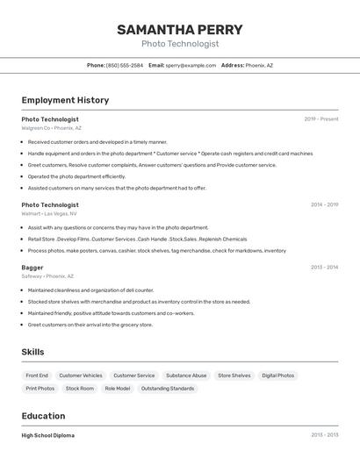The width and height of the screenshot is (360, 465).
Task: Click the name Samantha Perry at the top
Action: tap(179, 29)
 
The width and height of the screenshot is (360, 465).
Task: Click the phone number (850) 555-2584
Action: tap(124, 65)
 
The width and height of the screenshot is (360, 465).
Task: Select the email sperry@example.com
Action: tap(191, 65)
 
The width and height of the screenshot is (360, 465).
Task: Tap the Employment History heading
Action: tap(65, 100)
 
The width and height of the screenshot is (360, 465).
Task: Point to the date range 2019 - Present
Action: tap(320, 119)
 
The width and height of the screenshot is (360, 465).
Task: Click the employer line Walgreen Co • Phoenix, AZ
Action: tap(51, 128)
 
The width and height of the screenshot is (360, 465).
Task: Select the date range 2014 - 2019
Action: tap(324, 204)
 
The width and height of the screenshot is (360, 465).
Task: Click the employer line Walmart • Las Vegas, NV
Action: tap(49, 213)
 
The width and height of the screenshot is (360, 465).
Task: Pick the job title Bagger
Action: tap(32, 267)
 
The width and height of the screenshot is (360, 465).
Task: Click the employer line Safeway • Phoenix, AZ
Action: tap(47, 275)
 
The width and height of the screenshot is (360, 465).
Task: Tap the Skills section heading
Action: tap(32, 352)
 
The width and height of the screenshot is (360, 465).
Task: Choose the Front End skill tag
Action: tap(37, 376)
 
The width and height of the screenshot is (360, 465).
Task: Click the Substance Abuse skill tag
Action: tap(186, 376)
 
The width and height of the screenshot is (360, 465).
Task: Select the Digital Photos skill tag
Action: tap(277, 376)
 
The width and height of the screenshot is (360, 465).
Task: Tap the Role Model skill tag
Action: tap(117, 388)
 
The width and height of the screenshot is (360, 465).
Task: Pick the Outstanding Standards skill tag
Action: tap(168, 388)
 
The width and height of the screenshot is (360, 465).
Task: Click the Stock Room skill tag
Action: tap(79, 388)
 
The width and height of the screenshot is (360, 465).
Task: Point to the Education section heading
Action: tap(43, 416)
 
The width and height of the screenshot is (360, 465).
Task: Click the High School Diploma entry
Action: tap(47, 435)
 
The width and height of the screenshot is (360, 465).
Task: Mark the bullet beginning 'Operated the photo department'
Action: tap(76, 176)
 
